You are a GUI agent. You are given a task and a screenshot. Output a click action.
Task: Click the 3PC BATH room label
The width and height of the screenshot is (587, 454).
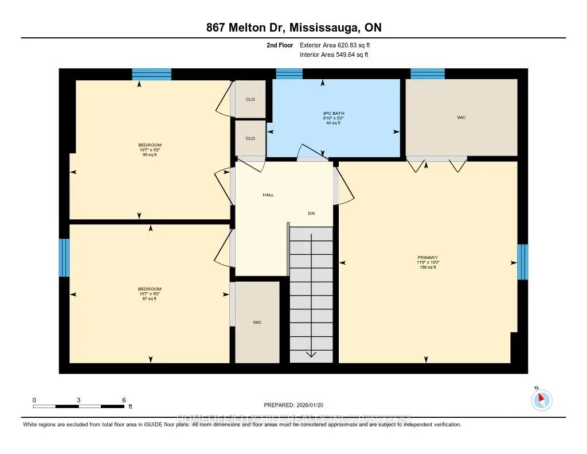pyautogui.click(x=334, y=113)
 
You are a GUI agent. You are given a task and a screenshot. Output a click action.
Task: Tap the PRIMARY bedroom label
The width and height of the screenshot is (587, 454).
pyautogui.click(x=428, y=258)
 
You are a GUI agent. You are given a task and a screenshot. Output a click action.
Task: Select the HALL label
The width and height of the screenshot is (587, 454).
pyautogui.click(x=268, y=195)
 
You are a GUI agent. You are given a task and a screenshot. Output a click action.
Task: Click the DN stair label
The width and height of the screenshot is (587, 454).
pyautogui.click(x=311, y=214)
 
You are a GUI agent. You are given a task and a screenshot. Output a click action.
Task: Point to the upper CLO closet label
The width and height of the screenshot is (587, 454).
pyautogui.click(x=251, y=99)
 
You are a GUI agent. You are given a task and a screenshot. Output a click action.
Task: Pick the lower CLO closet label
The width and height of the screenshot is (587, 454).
pyautogui.click(x=251, y=138)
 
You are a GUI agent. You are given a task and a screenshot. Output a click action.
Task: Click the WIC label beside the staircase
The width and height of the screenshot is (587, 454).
pyautogui.click(x=257, y=323)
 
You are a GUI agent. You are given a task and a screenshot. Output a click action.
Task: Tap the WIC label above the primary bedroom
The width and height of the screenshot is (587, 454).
pyautogui.click(x=461, y=118)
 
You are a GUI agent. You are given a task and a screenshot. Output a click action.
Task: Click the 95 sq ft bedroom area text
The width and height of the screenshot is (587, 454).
pyautogui.click(x=150, y=155)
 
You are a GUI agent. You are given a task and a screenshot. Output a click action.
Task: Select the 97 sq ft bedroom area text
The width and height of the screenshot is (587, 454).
pyautogui.click(x=150, y=298)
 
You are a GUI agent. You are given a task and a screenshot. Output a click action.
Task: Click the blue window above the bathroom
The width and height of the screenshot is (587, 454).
pyautogui.click(x=289, y=73)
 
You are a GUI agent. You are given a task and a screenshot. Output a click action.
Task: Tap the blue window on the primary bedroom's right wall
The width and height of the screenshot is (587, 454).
pyautogui.click(x=522, y=262)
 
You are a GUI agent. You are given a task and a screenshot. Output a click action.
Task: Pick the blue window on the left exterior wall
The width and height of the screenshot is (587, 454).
pyautogui.click(x=64, y=258)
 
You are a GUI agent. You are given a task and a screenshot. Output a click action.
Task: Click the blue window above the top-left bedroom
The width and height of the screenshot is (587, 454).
pyautogui.click(x=152, y=74)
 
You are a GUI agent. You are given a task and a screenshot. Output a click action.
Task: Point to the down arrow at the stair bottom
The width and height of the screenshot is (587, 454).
pyautogui.click(x=311, y=354)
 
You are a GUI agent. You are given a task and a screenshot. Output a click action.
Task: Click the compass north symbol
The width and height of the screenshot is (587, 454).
pyautogui.click(x=542, y=399)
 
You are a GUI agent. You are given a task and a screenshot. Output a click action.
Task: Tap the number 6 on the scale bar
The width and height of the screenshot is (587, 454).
pyautogui.click(x=123, y=399)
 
